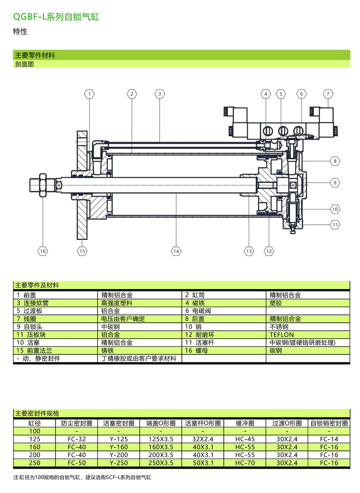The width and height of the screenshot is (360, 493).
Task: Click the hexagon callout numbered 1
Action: click(x=90, y=94)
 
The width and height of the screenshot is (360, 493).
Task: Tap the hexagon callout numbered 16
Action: click(x=43, y=251)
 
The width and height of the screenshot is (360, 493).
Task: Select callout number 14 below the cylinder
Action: click(x=176, y=251)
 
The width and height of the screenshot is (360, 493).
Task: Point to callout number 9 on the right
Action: click(x=335, y=183)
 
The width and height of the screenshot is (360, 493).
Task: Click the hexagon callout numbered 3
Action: click(x=160, y=94)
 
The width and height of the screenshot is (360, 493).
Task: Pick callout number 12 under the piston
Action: click(x=269, y=251)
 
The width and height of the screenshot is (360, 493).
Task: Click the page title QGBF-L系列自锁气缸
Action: click(x=56, y=17)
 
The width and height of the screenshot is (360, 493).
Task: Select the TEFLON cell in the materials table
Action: click(x=282, y=335)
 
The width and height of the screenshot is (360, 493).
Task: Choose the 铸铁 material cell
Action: click(x=108, y=351)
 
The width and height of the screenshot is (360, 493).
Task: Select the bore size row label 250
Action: click(x=34, y=463)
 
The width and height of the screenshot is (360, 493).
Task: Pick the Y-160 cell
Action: click(x=119, y=447)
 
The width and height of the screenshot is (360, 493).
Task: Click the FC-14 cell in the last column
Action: click(x=329, y=439)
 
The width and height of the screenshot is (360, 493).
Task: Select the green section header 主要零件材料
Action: click(x=35, y=55)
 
